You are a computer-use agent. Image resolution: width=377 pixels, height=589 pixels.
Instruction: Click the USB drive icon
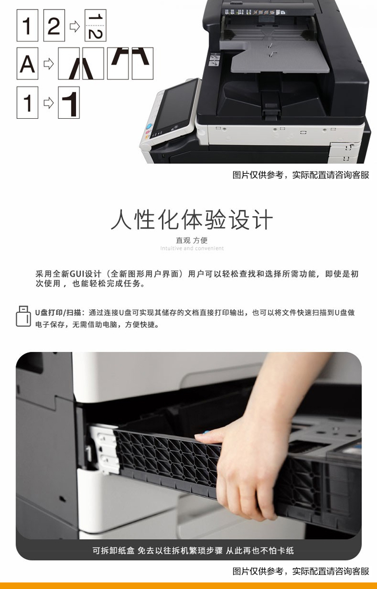point(23,316)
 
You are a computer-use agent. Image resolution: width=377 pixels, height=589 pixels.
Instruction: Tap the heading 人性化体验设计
point(192,219)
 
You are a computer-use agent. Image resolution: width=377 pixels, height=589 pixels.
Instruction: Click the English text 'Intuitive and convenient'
point(192,248)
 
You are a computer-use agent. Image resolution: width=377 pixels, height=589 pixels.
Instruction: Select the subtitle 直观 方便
point(192,240)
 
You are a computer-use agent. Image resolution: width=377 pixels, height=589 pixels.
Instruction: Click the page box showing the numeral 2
point(54,26)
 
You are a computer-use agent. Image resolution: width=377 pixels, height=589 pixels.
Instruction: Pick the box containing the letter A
point(28,63)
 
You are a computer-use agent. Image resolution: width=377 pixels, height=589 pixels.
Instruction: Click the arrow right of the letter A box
point(48,64)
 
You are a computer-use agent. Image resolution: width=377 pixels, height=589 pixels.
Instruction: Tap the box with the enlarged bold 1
point(69,103)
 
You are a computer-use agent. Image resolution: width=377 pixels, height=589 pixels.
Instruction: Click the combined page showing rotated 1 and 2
point(96,26)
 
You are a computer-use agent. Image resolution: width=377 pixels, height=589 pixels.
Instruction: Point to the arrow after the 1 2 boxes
point(75,26)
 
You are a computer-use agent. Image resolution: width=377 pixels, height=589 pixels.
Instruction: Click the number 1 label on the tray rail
point(88,453)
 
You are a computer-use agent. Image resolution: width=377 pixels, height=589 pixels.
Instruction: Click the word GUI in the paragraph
point(77,274)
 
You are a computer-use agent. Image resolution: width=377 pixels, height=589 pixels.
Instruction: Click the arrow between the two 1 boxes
point(48,103)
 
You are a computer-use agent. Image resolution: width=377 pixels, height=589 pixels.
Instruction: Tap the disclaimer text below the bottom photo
point(301,571)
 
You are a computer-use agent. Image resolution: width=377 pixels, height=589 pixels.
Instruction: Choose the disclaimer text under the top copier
point(301,175)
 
